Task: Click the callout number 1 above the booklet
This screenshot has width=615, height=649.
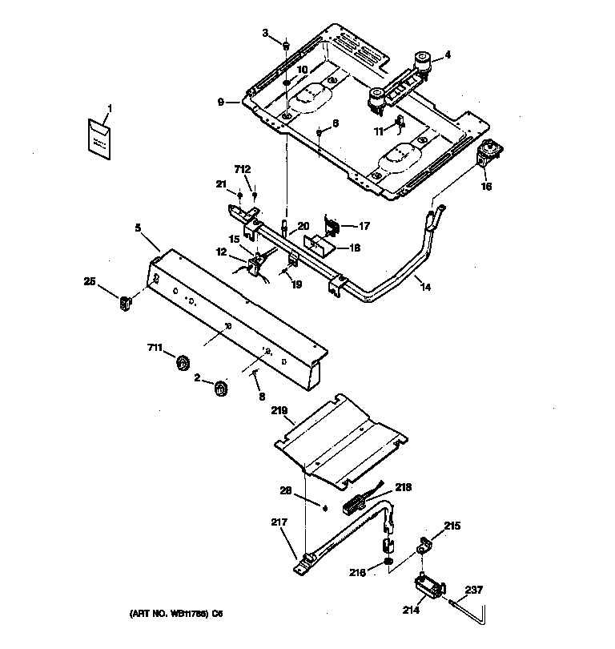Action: click(110, 107)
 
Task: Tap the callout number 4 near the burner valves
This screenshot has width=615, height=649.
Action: click(448, 55)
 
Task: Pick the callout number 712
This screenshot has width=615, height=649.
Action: click(242, 169)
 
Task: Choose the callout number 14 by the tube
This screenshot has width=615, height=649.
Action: click(425, 286)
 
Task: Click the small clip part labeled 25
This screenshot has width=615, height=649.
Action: click(126, 302)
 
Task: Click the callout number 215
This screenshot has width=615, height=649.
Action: click(452, 526)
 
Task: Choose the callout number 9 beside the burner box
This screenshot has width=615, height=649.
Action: click(220, 102)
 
